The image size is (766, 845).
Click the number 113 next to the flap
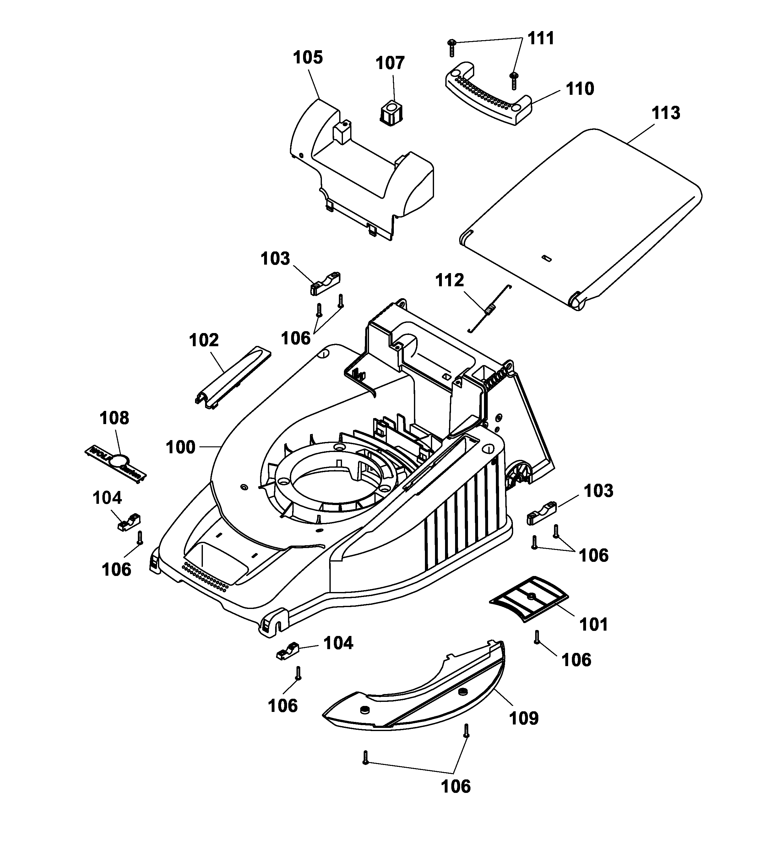click(x=665, y=113)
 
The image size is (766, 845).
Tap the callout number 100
click(x=180, y=447)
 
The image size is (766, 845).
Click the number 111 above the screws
click(x=541, y=38)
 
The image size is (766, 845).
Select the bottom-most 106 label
click(x=456, y=786)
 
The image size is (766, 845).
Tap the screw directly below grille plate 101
click(x=537, y=637)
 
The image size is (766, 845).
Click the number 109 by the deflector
click(x=524, y=718)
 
